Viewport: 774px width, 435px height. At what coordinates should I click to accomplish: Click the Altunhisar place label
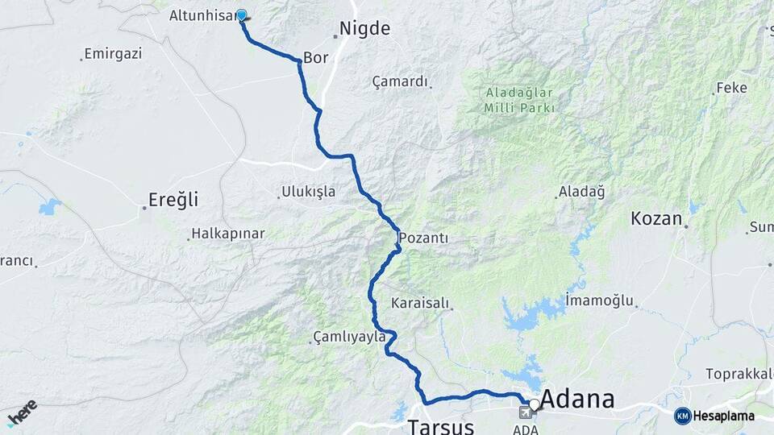coord(201,15)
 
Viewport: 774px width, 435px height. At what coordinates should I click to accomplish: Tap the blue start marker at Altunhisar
coord(241,14)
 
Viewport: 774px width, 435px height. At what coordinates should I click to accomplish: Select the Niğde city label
coord(364,29)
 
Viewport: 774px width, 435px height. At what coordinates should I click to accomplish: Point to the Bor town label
coord(314,58)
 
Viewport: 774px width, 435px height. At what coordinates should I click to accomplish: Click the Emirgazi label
coord(113,54)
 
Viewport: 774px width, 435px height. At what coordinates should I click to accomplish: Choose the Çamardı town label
coord(400,81)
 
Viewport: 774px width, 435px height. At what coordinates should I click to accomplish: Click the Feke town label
coord(731,88)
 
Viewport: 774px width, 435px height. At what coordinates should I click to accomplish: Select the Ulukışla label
coord(308,192)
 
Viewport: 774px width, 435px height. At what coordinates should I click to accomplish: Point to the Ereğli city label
coord(173,199)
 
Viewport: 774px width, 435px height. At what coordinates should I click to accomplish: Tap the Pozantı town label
coord(427,238)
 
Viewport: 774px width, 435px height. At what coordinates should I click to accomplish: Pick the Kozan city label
coord(656,218)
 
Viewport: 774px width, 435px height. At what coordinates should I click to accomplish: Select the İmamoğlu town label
coord(600,300)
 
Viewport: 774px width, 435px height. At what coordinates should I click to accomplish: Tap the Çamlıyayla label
coord(349,338)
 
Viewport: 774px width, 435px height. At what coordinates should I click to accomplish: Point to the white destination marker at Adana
coord(534,404)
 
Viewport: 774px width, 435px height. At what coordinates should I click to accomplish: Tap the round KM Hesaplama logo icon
coord(682,416)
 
